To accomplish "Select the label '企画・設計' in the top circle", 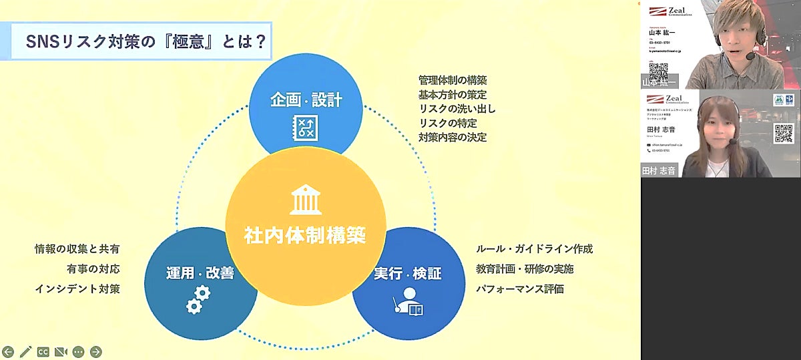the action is tap(306, 100).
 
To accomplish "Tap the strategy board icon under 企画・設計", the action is tap(306, 128).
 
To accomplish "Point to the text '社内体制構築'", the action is tap(305, 235).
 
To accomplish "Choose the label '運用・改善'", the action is tap(200, 273).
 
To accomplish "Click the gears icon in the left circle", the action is tap(198, 299).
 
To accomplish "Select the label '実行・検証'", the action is tap(408, 274).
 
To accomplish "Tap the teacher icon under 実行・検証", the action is tap(408, 306).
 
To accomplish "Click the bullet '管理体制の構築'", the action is tap(453, 80).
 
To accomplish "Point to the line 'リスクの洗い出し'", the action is tap(457, 109).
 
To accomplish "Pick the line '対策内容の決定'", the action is tap(453, 138).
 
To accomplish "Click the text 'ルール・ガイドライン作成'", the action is tap(534, 249).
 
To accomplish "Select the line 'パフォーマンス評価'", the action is tap(519, 289).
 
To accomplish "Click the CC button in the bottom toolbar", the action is tap(43, 351).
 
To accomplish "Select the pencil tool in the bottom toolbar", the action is tap(26, 351).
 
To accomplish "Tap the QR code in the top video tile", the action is tap(658, 70).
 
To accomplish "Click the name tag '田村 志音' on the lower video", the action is tap(659, 170).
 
